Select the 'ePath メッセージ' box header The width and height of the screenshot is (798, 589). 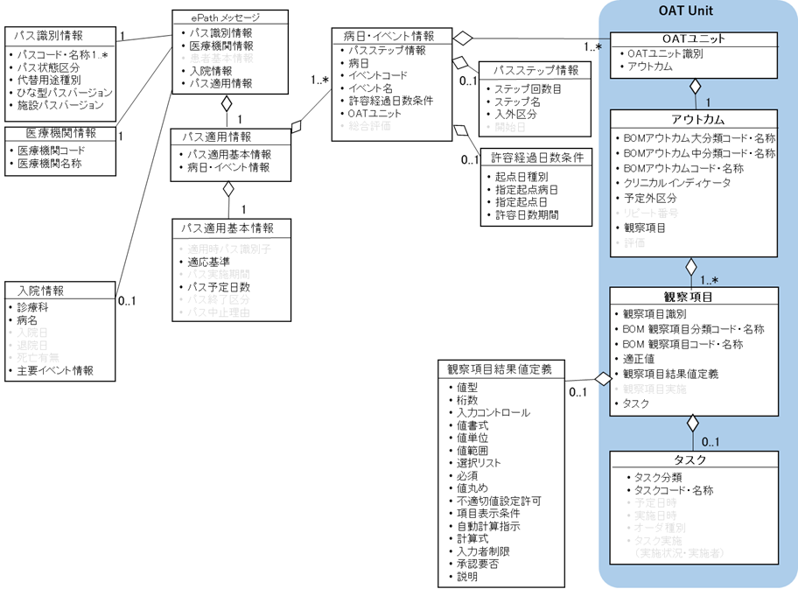(226, 18)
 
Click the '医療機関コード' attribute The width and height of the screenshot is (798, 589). (50, 151)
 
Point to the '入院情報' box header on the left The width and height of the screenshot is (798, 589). (40, 291)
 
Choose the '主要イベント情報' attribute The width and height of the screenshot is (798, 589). (55, 370)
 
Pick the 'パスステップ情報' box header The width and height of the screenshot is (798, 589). (535, 70)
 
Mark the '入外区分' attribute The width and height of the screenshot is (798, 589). (516, 114)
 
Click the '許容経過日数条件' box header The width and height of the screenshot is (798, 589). (535, 158)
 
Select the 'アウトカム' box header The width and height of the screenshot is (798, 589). (694, 120)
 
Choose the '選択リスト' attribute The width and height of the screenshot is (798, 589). (478, 462)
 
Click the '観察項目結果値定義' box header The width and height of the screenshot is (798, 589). (500, 369)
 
